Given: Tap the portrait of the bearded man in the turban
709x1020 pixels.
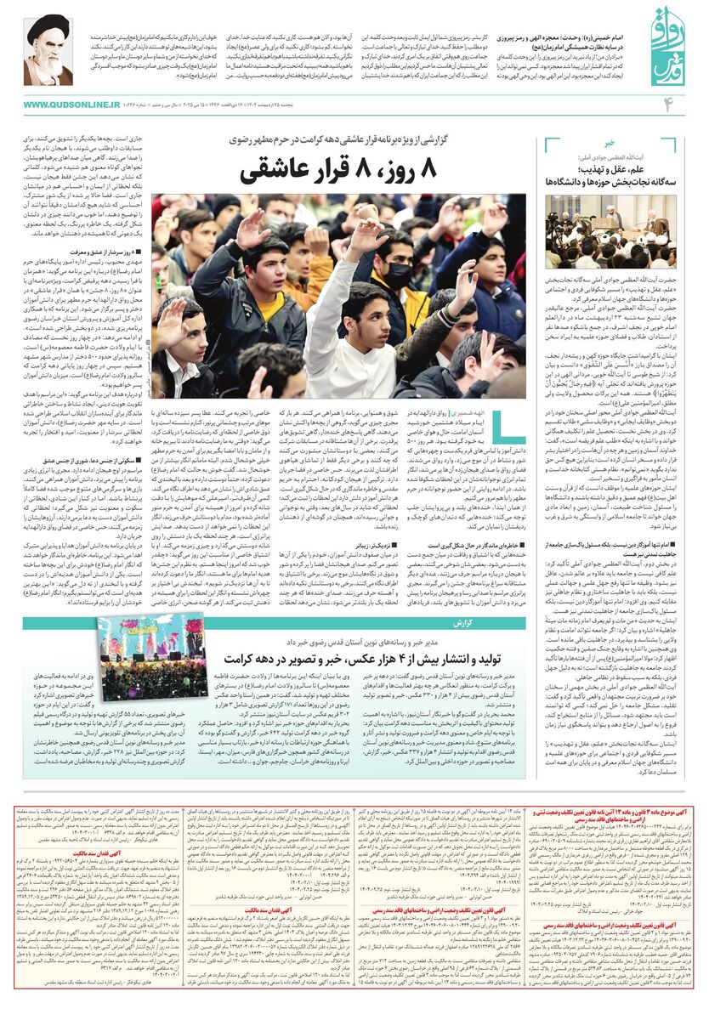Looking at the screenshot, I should point(48,50).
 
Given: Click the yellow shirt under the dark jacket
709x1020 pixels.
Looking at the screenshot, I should point(414,310).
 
